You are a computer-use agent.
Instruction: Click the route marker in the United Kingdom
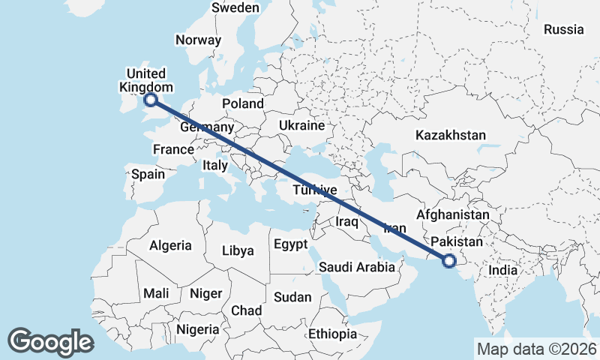pos(150,99)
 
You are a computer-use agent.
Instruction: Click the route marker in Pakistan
pos(449,261)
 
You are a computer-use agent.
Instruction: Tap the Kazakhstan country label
pos(450,136)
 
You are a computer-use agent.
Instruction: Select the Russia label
pos(563,30)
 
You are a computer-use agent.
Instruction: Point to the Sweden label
pos(235,8)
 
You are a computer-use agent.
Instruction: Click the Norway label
pos(198,40)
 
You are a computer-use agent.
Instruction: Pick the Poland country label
pos(243,103)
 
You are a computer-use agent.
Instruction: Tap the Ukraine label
pos(301,124)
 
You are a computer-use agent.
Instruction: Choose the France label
pos(173,149)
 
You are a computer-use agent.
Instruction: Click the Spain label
pos(148,174)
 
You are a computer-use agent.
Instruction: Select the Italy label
pos(216,165)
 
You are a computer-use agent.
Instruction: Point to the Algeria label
pos(170,245)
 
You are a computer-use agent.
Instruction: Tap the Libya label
pos(238,250)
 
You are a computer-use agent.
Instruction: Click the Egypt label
pos(290,244)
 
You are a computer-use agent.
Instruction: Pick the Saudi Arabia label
pos(356,267)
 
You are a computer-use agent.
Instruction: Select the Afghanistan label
pos(452,215)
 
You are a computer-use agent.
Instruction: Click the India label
pos(503,270)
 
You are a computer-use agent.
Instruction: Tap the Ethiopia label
pos(333,334)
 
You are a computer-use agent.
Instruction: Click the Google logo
pos(50,342)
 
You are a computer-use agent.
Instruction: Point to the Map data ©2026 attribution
pos(535,349)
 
